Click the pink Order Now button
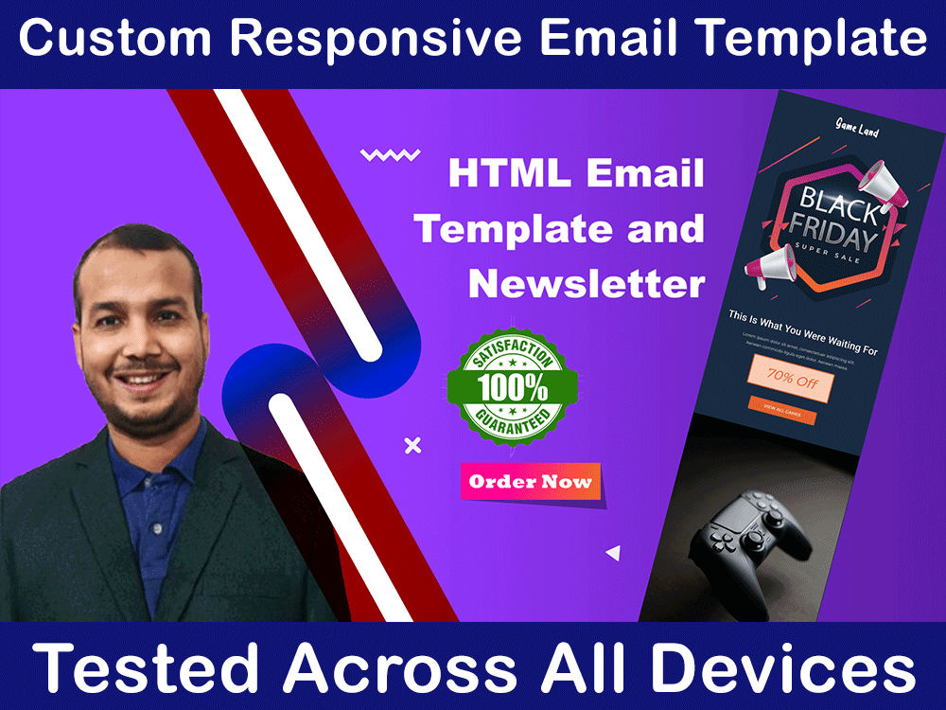click(531, 482)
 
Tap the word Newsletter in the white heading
click(587, 283)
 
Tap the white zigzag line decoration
click(390, 155)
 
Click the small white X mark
click(412, 445)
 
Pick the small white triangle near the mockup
click(613, 553)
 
